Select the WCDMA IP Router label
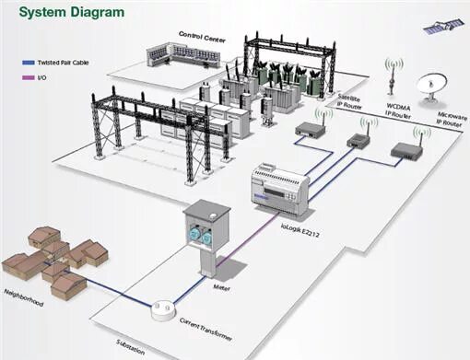pos(399,109)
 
